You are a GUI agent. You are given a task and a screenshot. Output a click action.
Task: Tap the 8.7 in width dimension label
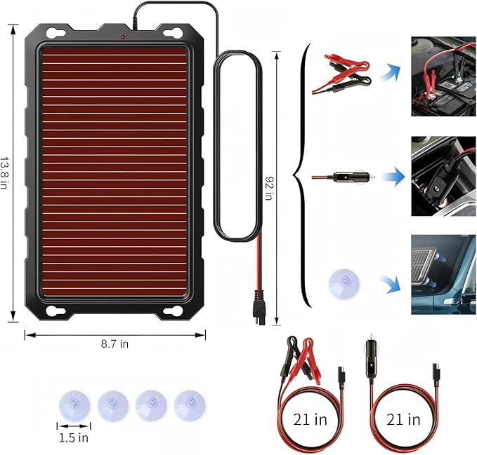pos(115,344)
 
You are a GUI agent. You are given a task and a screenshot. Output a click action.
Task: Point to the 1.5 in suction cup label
pos(73,438)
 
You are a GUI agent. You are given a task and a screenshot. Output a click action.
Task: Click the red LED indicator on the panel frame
pos(122,36)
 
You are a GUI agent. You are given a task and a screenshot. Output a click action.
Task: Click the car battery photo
pos(443,76)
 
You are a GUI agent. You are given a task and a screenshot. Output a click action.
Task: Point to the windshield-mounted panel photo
pos(443,275)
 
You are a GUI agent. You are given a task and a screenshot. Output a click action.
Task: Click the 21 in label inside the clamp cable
pos(311,419)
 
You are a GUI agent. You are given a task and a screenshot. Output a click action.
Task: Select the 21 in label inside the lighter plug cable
pos(404,419)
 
